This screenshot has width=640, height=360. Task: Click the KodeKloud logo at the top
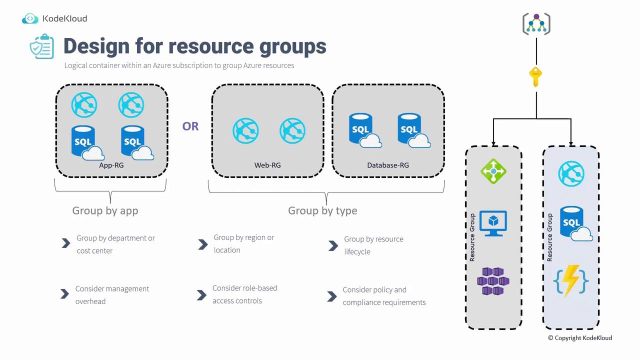coord(54,19)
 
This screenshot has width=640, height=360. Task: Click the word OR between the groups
coord(190,126)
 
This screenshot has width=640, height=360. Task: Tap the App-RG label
coord(111,165)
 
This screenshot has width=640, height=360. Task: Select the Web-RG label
coord(267,165)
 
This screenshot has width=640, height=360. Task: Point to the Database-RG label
coord(388,165)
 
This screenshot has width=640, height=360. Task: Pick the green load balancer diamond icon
coord(493,171)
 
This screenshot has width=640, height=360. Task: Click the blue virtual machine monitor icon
coord(493,223)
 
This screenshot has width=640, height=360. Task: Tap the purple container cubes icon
coord(493,281)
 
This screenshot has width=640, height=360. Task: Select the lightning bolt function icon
coord(571,281)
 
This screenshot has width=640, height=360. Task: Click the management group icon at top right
coord(536,24)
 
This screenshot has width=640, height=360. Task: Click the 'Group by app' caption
coord(105,210)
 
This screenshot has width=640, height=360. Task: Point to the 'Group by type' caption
coord(322,210)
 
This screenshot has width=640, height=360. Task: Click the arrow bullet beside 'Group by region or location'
coord(202,244)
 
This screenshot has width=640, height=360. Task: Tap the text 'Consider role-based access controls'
coord(244,294)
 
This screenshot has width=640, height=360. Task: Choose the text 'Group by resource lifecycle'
coord(373,245)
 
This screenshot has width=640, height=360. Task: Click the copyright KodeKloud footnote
coord(580,338)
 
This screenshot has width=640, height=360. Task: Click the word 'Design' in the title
coord(95,46)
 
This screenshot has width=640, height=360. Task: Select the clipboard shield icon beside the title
coord(42,46)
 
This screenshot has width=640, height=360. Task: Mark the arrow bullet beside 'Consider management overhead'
coord(64,294)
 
